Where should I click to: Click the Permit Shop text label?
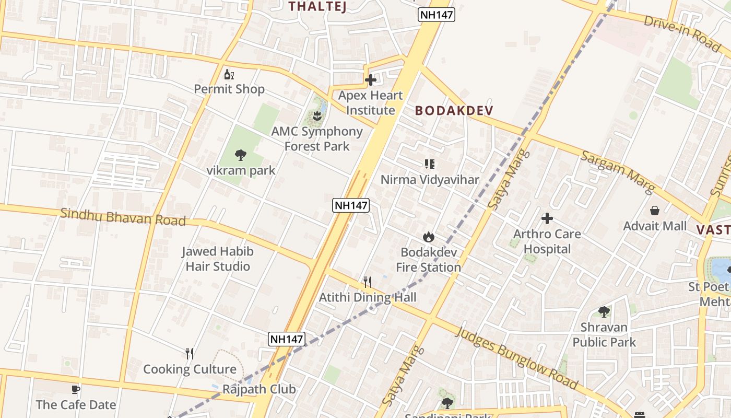(x=229, y=89)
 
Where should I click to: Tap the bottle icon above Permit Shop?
(x=228, y=75)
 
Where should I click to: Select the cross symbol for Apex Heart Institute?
(x=371, y=80)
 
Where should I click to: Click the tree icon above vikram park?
(x=240, y=155)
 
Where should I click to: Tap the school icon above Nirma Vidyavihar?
(x=429, y=165)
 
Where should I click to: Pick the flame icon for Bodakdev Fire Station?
(x=428, y=237)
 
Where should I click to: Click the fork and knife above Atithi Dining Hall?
(x=368, y=282)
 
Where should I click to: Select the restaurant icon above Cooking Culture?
(x=190, y=354)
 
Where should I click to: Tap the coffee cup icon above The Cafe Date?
(x=76, y=389)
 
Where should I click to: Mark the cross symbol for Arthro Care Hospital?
(x=547, y=218)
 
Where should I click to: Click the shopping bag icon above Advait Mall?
(x=655, y=211)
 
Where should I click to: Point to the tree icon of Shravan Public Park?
(x=604, y=312)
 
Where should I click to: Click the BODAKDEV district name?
(x=454, y=111)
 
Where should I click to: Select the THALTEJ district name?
(x=317, y=6)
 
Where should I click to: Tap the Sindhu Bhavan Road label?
(x=123, y=217)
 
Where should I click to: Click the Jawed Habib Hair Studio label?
(x=218, y=259)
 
